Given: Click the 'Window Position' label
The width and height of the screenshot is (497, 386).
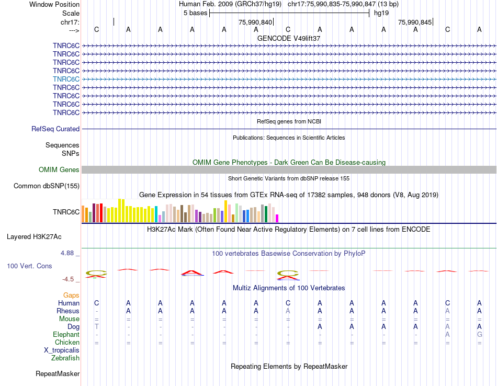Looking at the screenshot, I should [54, 4].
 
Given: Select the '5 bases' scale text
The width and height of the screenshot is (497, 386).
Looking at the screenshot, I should [195, 13].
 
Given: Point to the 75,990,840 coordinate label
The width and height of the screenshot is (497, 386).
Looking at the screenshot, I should [255, 22].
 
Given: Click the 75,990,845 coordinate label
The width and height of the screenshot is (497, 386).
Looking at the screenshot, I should [415, 22].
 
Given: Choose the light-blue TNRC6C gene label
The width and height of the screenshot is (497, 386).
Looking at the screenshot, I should [66, 79].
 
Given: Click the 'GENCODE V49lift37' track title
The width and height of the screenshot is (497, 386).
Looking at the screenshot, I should [289, 38].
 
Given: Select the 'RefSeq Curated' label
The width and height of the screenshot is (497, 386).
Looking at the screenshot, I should [55, 129].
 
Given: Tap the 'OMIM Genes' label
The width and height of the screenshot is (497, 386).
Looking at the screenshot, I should [59, 170].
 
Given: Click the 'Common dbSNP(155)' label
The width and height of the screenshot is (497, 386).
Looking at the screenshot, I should [47, 186].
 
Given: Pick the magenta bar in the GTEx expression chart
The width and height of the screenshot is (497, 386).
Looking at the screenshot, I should [277, 218].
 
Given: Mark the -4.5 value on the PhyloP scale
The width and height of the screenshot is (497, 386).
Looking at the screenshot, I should [69, 279].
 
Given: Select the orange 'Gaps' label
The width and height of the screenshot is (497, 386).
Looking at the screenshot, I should [71, 296].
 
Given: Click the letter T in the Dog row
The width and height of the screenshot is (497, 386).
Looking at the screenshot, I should [97, 327].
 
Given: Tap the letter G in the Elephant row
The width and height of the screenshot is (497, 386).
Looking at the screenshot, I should [479, 335].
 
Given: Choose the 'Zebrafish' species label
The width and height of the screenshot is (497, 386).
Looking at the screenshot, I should [65, 358].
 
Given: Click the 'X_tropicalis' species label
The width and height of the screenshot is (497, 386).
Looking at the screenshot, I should [62, 350].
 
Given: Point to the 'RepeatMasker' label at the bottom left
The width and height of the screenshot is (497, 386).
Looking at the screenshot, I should [58, 374].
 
